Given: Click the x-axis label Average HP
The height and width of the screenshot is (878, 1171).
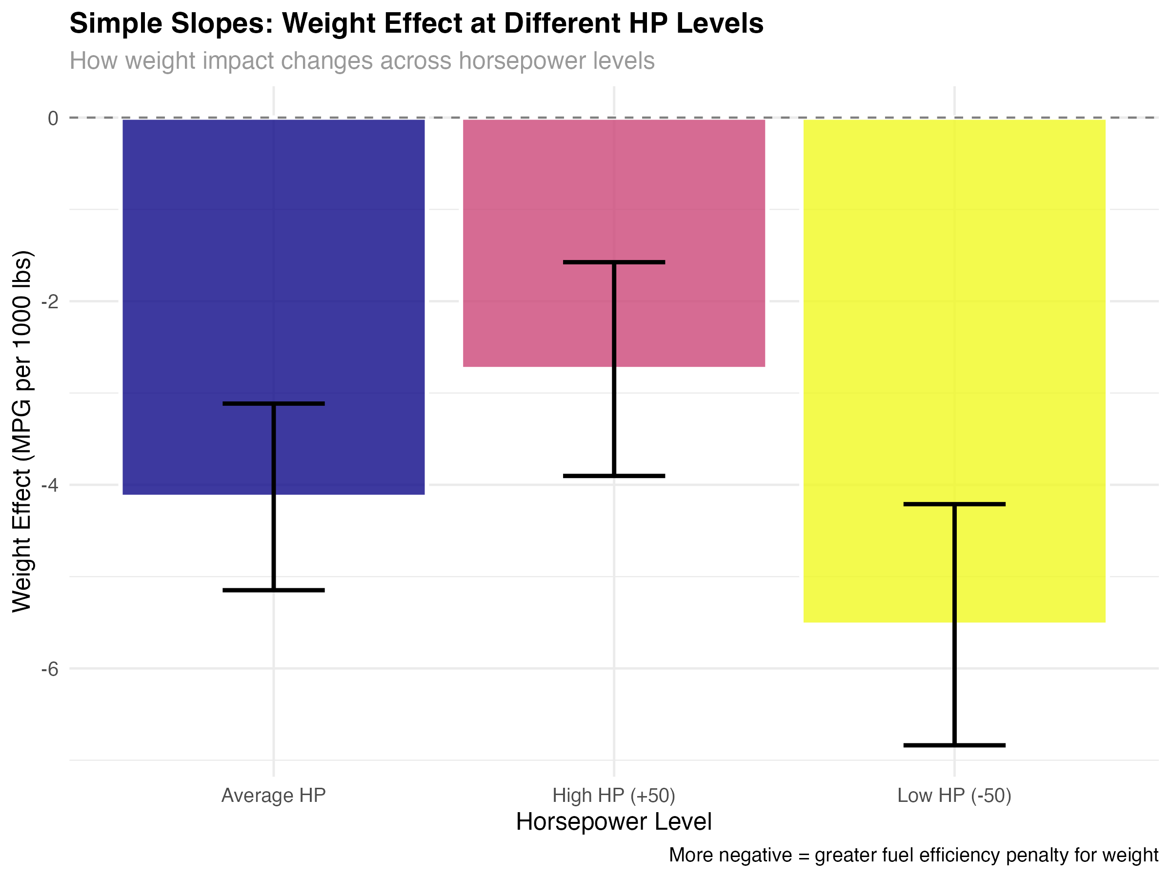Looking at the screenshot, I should click(x=273, y=796).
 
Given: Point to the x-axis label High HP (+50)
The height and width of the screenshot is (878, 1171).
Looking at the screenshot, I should click(x=614, y=796).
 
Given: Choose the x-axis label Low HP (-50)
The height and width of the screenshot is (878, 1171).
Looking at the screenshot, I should click(x=954, y=796).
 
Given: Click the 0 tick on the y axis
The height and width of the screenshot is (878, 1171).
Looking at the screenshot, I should click(x=53, y=118).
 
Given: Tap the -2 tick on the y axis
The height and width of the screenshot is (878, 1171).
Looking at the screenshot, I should click(x=50, y=301).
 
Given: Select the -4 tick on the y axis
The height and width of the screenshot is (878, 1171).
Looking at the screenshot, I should click(x=50, y=485).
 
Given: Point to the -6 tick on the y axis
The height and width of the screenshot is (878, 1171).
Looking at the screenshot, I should click(x=50, y=669).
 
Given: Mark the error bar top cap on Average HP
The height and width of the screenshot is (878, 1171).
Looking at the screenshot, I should click(x=273, y=404).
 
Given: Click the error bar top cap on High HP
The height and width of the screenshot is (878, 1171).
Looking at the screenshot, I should click(x=614, y=262).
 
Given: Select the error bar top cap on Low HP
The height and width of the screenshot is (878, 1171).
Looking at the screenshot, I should click(x=954, y=504).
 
